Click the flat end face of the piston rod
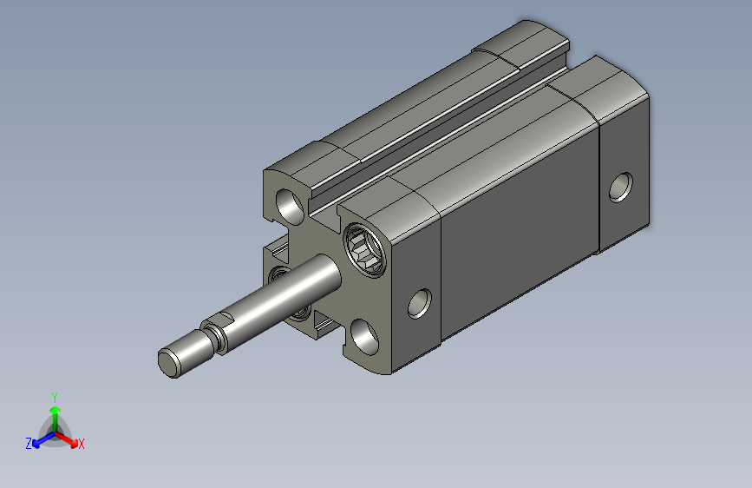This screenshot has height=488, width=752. [x=168, y=364]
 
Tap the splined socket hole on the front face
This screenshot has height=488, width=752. [x=364, y=250]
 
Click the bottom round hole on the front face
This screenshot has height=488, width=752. [x=364, y=337]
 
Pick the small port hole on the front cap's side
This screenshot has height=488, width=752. [x=419, y=304]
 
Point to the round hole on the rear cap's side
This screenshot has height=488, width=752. [x=620, y=187]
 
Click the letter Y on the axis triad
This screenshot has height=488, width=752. [x=55, y=398]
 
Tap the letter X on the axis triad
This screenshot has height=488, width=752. [x=81, y=445]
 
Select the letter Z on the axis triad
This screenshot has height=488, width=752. [x=29, y=444]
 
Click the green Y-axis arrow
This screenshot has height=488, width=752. [x=56, y=419]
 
